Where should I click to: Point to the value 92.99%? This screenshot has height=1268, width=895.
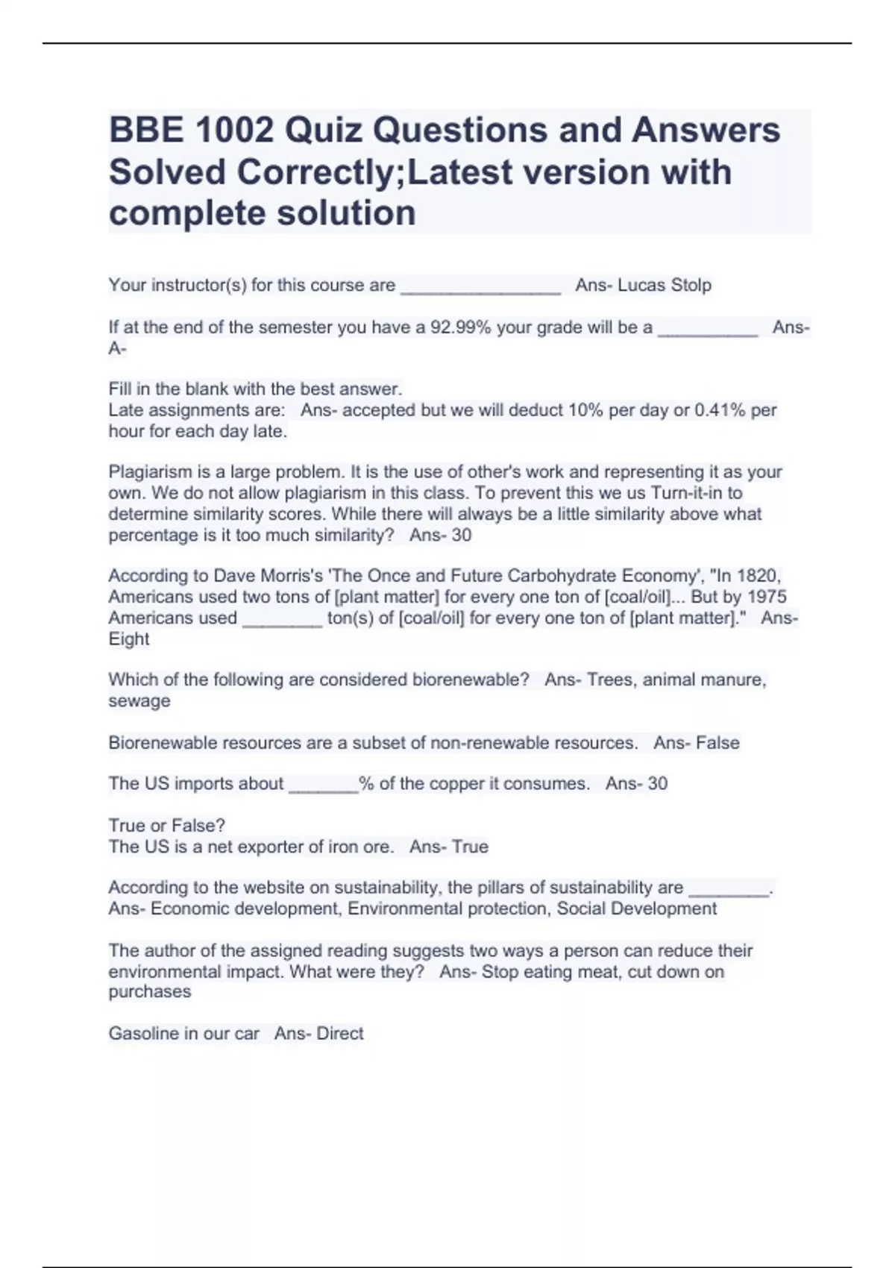click(x=461, y=327)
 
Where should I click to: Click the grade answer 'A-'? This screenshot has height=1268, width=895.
click(x=117, y=348)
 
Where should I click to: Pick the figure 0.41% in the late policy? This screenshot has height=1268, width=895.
click(x=720, y=410)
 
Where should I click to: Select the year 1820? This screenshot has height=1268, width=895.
click(x=759, y=576)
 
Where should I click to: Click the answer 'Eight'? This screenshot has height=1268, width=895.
click(x=129, y=639)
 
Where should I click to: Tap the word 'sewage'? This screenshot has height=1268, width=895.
click(x=139, y=701)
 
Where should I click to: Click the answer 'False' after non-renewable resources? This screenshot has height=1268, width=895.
click(x=717, y=743)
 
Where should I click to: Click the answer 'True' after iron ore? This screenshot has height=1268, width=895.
click(x=470, y=847)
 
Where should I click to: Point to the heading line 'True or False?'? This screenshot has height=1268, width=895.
click(x=167, y=826)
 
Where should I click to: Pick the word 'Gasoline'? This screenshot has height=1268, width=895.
click(x=142, y=1034)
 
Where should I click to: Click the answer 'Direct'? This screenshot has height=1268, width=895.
click(x=340, y=1034)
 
